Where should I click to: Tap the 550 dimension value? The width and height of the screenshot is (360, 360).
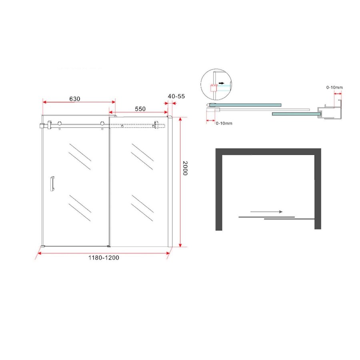(140, 108)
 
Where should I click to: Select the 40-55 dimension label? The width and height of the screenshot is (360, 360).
(176, 96)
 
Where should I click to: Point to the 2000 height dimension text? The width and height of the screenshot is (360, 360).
(184, 168)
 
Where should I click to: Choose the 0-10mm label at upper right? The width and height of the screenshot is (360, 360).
(334, 87)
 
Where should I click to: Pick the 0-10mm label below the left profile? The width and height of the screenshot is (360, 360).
(224, 123)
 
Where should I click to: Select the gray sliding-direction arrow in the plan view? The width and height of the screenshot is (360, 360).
(266, 212)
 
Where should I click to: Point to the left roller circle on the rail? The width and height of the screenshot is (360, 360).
(60, 124)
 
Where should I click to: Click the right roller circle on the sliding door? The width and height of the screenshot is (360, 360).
(103, 124)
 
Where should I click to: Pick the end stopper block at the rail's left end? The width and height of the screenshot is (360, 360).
(41, 127)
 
